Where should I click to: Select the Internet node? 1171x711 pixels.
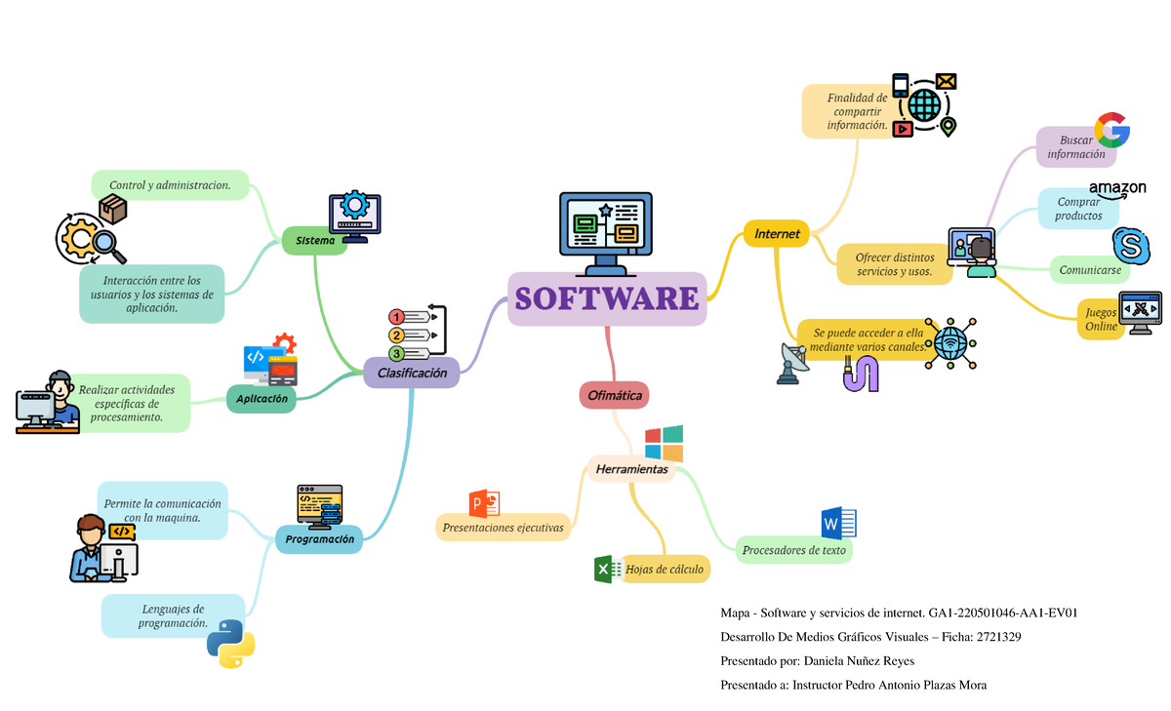(776, 234)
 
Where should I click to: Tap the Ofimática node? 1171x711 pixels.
(614, 395)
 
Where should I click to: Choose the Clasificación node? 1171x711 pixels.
(411, 373)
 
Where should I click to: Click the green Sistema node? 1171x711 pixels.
(314, 240)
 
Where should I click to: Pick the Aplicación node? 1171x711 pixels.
(261, 399)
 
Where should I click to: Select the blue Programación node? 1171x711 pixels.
(319, 538)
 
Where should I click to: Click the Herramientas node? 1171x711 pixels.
(631, 469)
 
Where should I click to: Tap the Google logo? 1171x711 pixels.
(1111, 131)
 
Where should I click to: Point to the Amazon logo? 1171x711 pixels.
(1116, 188)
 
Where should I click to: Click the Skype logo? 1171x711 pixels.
(1130, 246)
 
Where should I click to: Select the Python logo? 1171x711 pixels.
(230, 644)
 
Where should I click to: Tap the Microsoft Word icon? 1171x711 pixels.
(838, 524)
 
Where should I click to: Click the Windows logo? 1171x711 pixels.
(664, 443)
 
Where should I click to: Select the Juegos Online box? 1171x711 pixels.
(1101, 319)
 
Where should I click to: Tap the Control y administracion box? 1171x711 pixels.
(170, 184)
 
